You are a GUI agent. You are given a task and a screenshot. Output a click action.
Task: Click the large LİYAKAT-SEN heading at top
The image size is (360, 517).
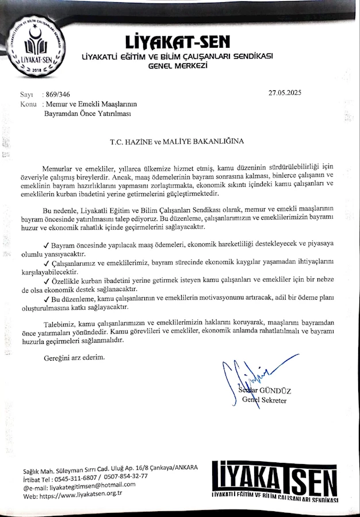177,42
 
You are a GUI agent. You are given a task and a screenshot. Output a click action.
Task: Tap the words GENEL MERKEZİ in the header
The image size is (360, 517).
177,66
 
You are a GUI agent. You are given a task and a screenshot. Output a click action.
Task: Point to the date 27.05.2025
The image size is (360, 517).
285,93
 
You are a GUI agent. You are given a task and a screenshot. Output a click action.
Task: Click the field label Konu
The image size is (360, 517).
28,104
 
